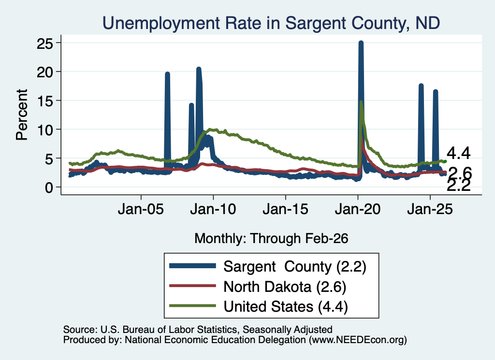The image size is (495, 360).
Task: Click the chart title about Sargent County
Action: point(271,23)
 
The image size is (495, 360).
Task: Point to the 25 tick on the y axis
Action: point(44,43)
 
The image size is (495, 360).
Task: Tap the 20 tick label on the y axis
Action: point(44,72)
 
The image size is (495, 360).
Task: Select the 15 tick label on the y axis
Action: point(44,101)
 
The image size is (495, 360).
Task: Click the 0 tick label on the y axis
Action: point(49,187)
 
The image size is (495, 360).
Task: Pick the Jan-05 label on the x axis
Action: point(141,209)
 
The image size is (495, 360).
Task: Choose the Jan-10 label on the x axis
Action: point(213,209)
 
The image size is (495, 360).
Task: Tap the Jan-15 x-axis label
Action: point(285,209)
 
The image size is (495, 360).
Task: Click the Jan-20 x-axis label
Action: point(358,209)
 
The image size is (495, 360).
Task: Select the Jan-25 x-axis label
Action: point(430,209)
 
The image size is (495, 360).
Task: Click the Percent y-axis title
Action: point(22,115)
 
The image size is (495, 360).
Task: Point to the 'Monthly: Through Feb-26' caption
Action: point(271,238)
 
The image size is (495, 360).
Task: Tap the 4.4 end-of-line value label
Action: point(459,153)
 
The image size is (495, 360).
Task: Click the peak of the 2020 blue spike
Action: point(361,42)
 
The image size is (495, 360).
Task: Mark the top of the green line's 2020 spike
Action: point(361,101)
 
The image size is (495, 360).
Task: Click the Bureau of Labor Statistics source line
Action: point(198,330)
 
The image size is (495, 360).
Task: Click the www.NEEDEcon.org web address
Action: point(357,340)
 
